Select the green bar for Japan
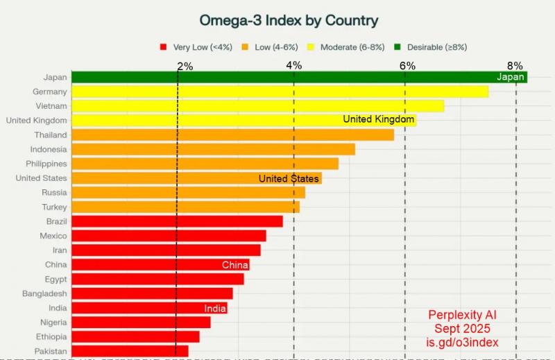click(277, 77)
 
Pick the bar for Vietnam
click(257, 106)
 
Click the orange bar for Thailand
click(232, 135)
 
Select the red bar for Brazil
click(177, 221)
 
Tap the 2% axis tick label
click(185, 66)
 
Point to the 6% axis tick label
click(407, 66)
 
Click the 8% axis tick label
click(515, 66)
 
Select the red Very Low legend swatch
click(163, 47)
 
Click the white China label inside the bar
click(235, 265)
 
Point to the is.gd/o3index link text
click(462, 342)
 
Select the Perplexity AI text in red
click(462, 314)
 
